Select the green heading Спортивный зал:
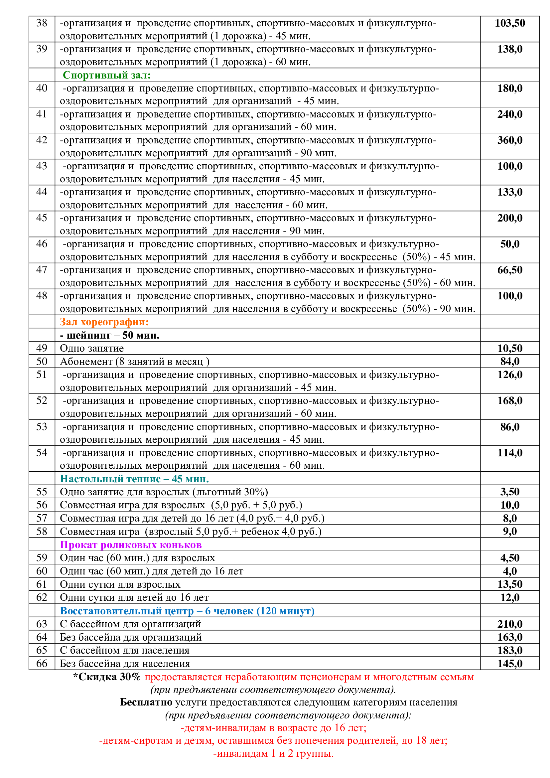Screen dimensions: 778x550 point(107,75)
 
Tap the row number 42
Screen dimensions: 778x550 point(42,140)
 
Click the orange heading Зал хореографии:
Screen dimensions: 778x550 point(104,322)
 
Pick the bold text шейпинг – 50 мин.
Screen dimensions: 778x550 point(109,335)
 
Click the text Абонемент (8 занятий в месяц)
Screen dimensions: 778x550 point(134,362)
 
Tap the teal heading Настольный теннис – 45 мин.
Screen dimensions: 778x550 point(134,478)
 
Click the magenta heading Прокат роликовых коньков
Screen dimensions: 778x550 point(131,545)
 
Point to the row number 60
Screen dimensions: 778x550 point(42,571)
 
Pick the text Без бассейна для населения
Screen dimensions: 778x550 point(125,663)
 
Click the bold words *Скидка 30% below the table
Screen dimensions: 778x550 point(107,677)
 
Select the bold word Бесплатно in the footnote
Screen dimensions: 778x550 point(146,702)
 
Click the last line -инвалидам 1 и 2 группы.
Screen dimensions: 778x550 point(273,753)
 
